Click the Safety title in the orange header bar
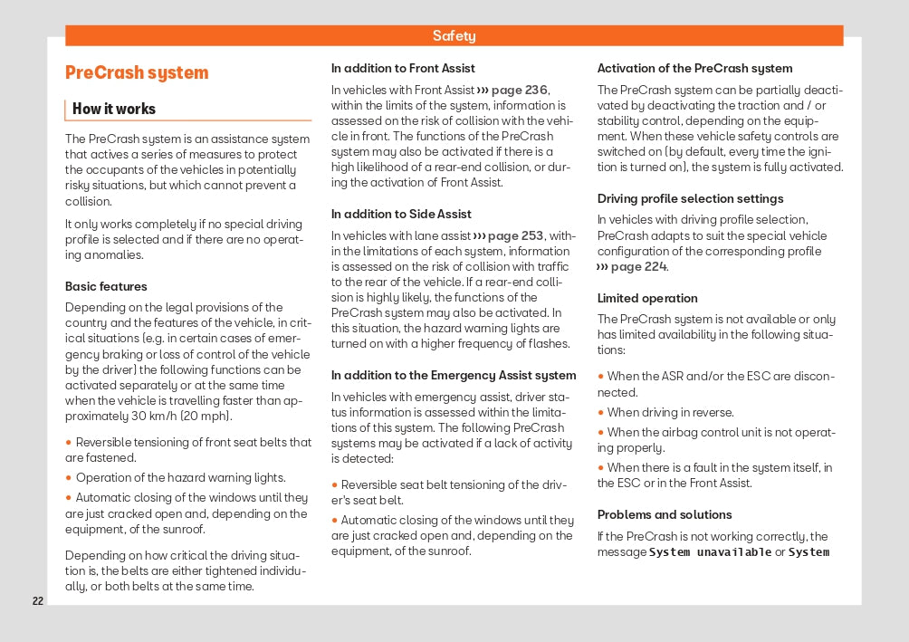454,36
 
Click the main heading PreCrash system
137,73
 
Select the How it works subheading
114,110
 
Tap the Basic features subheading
106,286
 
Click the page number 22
37,601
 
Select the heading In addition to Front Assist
403,69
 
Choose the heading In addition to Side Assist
401,215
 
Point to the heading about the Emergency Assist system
454,376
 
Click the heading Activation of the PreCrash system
694,69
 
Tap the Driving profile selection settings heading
690,199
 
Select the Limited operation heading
647,299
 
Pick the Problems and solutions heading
665,515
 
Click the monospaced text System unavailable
711,552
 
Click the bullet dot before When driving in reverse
600,413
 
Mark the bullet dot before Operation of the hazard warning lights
69,478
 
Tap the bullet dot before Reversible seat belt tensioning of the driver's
334,485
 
